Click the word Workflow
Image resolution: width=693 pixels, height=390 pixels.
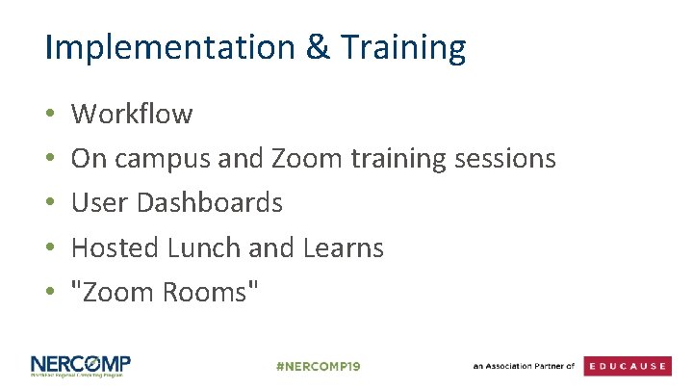click(x=132, y=115)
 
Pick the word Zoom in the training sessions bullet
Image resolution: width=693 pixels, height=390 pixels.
click(x=300, y=159)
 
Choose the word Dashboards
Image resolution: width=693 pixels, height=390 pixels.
click(x=210, y=203)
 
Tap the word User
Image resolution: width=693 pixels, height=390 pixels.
click(x=101, y=203)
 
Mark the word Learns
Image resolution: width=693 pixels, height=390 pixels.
click(x=344, y=247)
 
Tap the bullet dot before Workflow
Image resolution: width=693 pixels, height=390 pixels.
click(x=49, y=116)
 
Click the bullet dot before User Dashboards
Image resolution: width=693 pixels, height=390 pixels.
click(x=49, y=204)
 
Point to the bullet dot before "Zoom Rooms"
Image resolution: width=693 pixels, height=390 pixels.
click(x=49, y=293)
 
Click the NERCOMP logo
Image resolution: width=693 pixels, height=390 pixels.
click(x=80, y=367)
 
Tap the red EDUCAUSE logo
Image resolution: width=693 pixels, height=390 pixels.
click(x=628, y=367)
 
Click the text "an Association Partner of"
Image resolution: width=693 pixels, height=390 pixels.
click(x=523, y=367)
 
